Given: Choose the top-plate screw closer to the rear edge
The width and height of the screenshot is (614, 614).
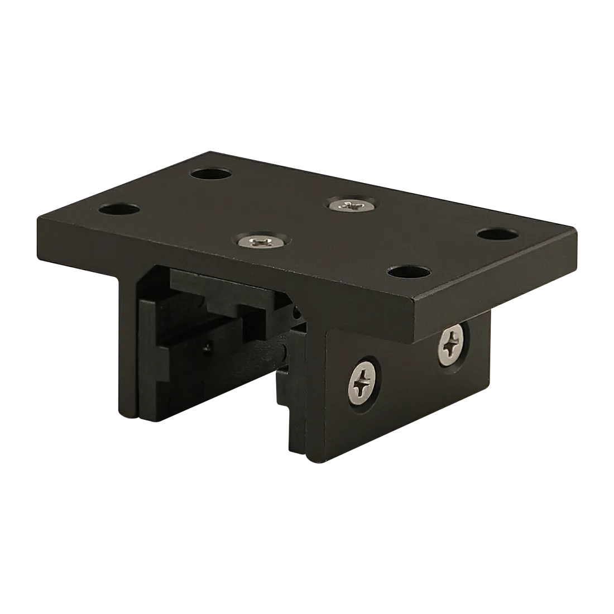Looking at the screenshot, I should (x=349, y=205).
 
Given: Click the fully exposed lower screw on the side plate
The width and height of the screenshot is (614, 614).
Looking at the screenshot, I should (x=366, y=382).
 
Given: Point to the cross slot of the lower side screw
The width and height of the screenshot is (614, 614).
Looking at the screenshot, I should (x=366, y=382).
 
